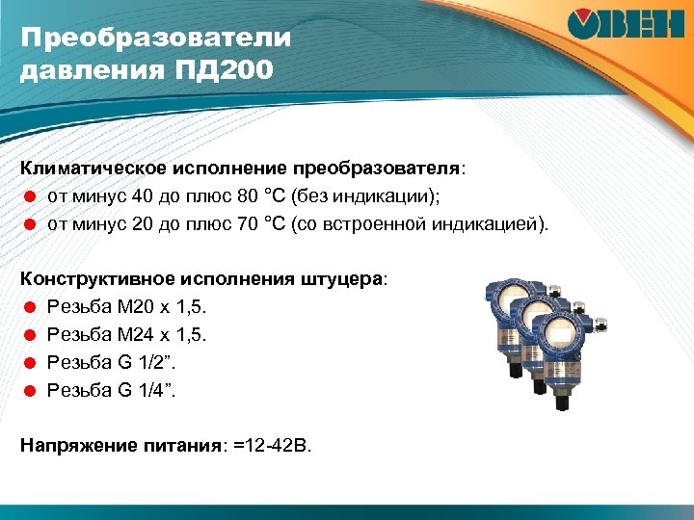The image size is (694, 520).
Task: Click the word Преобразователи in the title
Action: (x=155, y=39)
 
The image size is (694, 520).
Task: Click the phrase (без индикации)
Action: (x=375, y=197)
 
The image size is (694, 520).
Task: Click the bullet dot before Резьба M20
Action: (x=30, y=308)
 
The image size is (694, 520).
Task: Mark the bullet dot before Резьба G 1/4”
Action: (x=30, y=391)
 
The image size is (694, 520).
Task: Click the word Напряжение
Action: (x=73, y=447)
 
